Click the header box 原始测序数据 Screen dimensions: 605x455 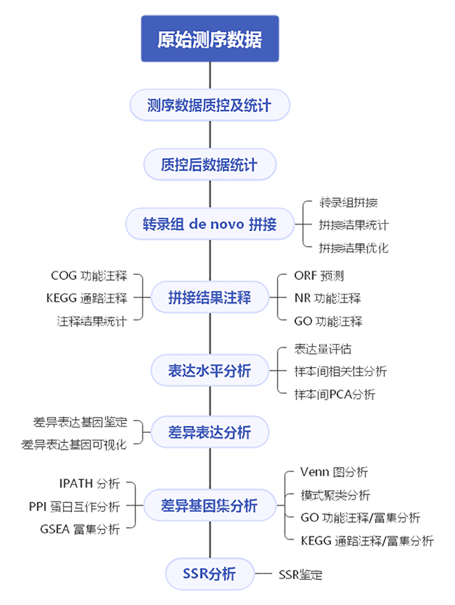point(210,39)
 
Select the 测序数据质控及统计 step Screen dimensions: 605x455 point(210,106)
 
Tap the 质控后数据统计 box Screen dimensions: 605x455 point(210,166)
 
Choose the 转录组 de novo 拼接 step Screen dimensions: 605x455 point(210,225)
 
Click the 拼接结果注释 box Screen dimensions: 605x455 point(210,298)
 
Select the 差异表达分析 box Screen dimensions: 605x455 point(210,432)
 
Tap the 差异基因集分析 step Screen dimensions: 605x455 point(210,505)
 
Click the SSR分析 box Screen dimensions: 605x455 point(210,575)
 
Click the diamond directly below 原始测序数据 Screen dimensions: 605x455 point(210,75)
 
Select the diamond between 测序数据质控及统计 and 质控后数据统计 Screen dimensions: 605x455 point(210,136)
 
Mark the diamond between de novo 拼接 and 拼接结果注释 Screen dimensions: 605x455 point(210,261)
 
